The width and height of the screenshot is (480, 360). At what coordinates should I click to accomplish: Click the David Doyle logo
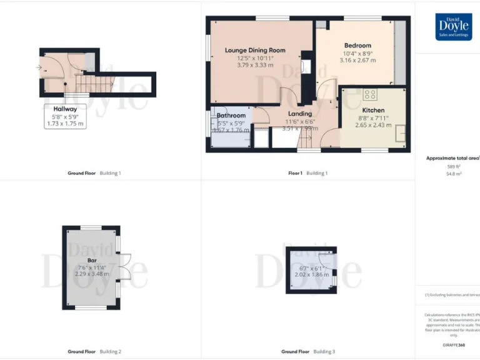coord(454,27)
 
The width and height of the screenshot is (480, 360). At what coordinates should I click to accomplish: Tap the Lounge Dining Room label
coord(255,50)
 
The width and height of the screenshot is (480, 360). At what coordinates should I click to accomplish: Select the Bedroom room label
coord(357,46)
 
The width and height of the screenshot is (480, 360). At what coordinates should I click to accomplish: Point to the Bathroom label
coord(231,116)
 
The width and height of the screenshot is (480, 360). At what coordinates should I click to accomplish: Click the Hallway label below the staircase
coord(65,109)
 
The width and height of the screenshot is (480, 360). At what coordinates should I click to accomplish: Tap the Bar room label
coord(92,259)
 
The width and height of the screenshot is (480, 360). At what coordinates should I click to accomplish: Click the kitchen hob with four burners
coord(370,94)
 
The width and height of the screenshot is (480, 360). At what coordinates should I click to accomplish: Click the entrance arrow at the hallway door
coord(39,67)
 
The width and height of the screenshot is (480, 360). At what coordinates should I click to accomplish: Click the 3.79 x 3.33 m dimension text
coord(255,64)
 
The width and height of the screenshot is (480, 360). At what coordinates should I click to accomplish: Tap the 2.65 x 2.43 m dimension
coord(374,125)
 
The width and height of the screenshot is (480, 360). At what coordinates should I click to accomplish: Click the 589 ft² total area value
coord(453,166)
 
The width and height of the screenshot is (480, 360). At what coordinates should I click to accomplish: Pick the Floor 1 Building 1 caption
coord(308,173)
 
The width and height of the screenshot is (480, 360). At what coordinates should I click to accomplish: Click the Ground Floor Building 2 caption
coord(94,352)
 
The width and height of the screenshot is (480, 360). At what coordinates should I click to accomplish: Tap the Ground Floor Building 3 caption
coord(308,352)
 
